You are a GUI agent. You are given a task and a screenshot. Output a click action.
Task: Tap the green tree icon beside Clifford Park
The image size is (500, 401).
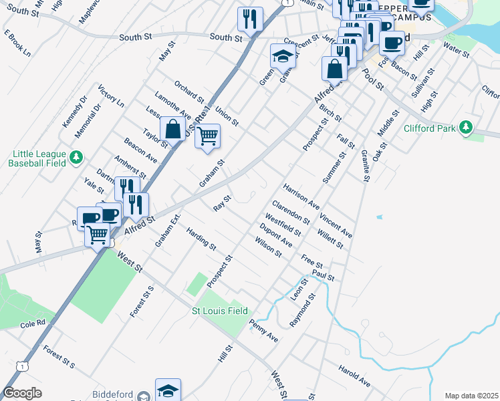tap(467, 127)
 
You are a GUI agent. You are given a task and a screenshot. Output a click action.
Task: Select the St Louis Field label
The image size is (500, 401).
tap(220, 311)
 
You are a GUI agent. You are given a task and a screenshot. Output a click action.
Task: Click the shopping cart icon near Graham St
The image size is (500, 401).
tap(208, 136)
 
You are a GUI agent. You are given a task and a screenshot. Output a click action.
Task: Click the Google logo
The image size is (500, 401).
tap(23, 393)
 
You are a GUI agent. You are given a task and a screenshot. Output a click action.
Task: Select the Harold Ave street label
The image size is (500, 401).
tap(354, 376)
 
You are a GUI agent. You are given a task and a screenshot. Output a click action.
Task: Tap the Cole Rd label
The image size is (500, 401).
tap(32, 323)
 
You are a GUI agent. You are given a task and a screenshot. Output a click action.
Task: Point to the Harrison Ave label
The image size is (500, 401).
tap(301, 194)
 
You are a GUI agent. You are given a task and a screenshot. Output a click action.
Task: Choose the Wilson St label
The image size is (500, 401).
tap(268, 247)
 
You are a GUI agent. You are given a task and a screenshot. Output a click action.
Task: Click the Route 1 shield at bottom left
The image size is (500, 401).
tap(23, 366)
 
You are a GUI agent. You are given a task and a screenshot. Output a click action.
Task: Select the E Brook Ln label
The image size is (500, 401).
tap(17, 43)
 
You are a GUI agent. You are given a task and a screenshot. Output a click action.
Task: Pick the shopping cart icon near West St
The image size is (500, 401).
tap(98, 235)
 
